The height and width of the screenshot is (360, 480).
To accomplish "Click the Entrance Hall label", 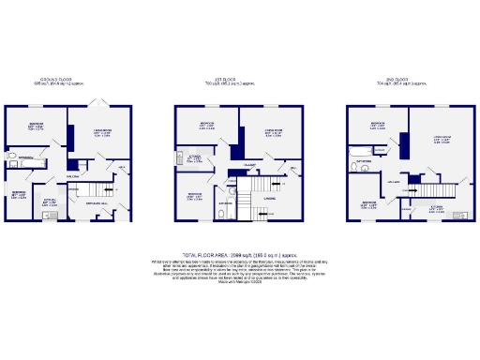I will pos(97,202).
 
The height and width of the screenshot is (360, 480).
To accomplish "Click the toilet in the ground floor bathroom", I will pos(12,149).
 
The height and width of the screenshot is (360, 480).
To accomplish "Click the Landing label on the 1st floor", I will pos(270,197).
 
